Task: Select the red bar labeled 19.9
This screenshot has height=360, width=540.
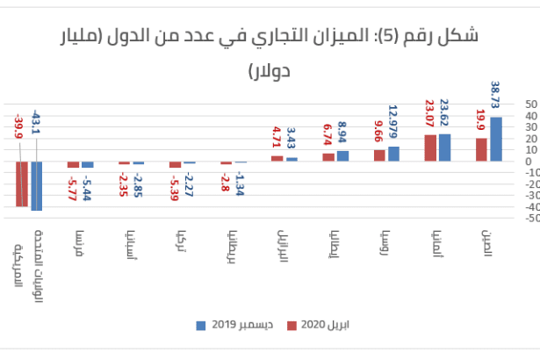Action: tap(481, 149)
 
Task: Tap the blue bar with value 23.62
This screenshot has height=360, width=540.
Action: tap(445, 148)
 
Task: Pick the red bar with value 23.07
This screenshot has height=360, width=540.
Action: tap(430, 148)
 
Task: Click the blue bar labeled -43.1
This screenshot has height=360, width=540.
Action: tap(36, 185)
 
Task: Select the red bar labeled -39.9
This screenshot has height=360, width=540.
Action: tap(21, 184)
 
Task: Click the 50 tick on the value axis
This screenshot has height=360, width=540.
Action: tap(529, 104)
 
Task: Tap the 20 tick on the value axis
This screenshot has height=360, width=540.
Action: tap(529, 138)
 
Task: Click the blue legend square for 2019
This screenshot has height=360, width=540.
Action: tap(199, 325)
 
